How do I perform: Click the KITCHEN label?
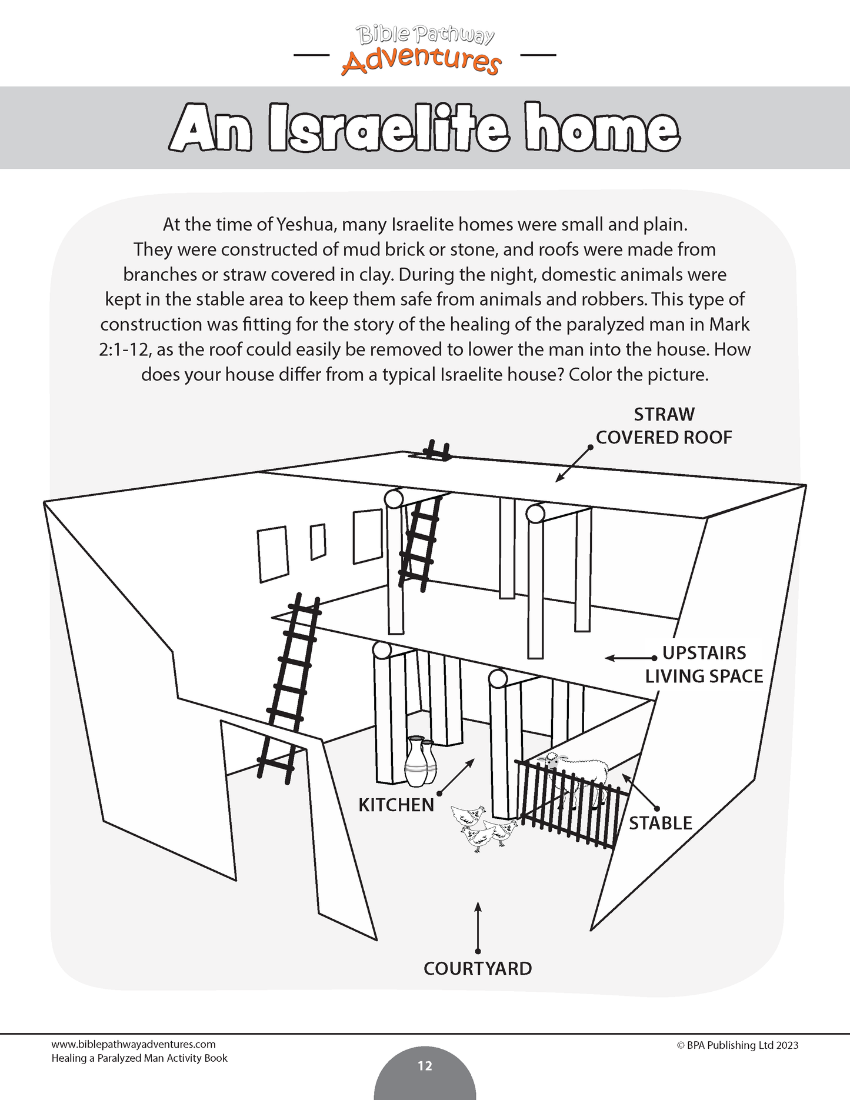[396, 805]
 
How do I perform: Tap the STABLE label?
[661, 823]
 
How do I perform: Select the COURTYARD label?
[478, 968]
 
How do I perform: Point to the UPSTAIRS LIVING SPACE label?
[704, 665]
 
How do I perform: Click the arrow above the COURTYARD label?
[478, 927]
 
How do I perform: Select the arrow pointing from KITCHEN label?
[456, 777]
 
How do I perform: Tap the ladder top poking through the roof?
[437, 451]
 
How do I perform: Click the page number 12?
[425, 1066]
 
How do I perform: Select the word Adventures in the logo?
[421, 61]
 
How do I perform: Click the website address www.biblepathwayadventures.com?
[134, 1044]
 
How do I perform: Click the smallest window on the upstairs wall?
[318, 541]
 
